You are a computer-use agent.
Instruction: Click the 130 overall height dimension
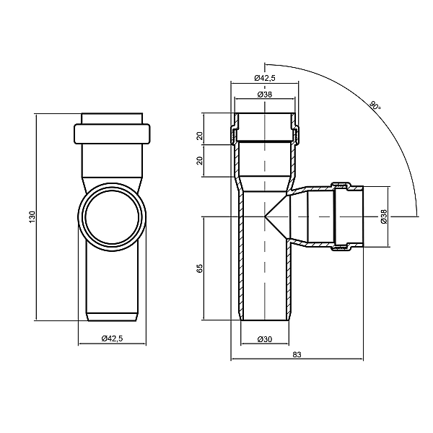pyautogui.click(x=33, y=216)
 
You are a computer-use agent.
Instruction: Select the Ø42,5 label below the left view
pyautogui.click(x=112, y=338)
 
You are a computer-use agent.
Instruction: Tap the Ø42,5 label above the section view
pyautogui.click(x=265, y=78)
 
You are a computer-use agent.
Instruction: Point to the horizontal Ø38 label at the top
pyautogui.click(x=265, y=95)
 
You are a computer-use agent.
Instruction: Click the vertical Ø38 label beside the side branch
pyautogui.click(x=384, y=216)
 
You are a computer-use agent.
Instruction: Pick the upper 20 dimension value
pyautogui.click(x=200, y=136)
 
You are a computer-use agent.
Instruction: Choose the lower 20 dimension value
pyautogui.click(x=200, y=161)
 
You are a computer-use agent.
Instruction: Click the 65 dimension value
pyautogui.click(x=200, y=268)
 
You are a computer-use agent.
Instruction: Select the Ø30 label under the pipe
pyautogui.click(x=265, y=339)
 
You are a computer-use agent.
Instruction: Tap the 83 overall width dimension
pyautogui.click(x=297, y=354)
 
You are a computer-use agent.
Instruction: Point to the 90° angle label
pyautogui.click(x=375, y=106)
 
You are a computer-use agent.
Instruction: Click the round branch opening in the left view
pyautogui.click(x=112, y=217)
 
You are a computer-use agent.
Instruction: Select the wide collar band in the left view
pyautogui.click(x=112, y=134)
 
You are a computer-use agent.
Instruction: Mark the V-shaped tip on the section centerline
pyautogui.click(x=265, y=216)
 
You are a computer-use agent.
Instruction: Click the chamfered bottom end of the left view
pyautogui.click(x=112, y=317)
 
